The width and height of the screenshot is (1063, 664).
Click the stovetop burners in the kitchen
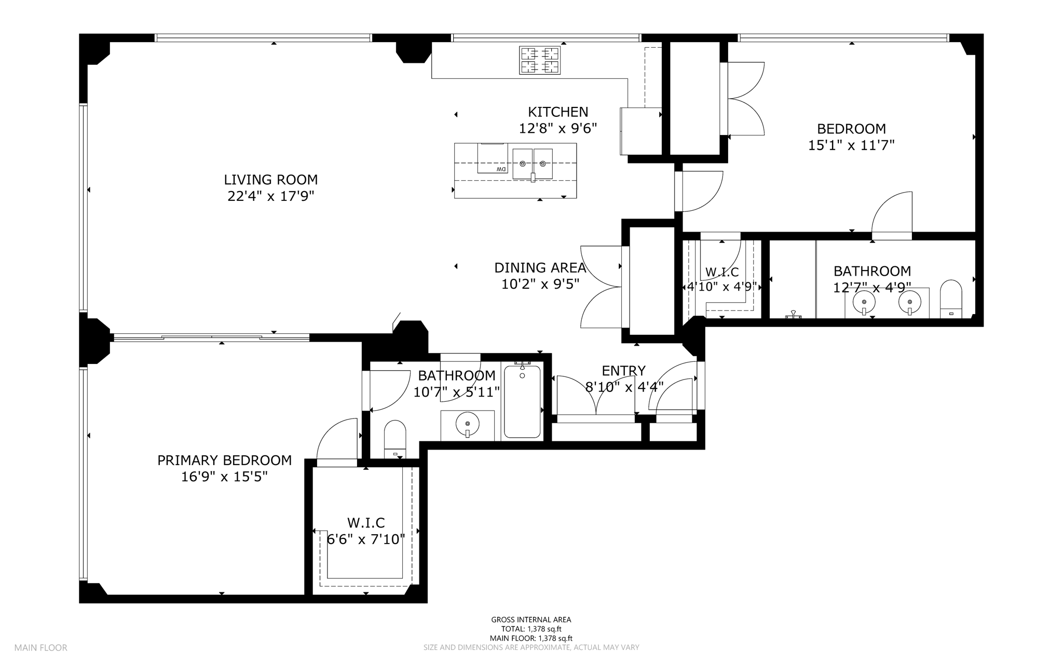click(x=540, y=60)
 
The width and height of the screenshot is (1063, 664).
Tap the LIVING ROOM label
click(x=271, y=180)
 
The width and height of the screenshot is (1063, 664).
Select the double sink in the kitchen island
click(x=533, y=164)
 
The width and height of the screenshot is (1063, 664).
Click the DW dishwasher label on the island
click(x=501, y=169)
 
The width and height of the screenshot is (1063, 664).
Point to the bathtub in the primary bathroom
click(x=522, y=401)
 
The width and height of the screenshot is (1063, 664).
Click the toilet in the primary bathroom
click(x=395, y=439)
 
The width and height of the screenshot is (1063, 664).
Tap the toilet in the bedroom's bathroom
click(x=951, y=299)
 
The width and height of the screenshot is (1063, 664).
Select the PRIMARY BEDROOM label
click(x=225, y=460)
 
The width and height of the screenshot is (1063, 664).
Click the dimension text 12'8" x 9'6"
click(x=558, y=128)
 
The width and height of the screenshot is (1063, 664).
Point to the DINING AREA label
click(x=540, y=268)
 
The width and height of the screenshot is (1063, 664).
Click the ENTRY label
click(x=624, y=371)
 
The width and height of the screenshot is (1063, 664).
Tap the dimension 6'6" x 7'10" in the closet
click(x=366, y=539)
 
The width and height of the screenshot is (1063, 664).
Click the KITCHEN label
click(x=558, y=112)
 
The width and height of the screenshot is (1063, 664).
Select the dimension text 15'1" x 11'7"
click(x=852, y=145)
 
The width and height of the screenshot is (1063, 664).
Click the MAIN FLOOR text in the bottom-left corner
click(x=40, y=648)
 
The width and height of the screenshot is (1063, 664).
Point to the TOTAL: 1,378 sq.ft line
click(x=531, y=629)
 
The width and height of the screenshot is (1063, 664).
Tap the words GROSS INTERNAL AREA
click(x=531, y=619)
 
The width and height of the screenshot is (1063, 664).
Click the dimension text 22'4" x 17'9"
click(x=271, y=196)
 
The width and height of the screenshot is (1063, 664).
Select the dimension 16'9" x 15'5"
click(x=224, y=477)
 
